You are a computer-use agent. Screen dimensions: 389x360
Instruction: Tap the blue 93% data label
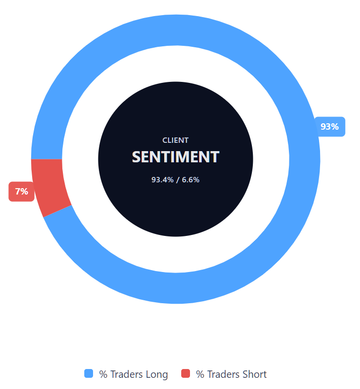click(330, 127)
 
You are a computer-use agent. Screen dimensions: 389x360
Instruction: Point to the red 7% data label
click(21, 192)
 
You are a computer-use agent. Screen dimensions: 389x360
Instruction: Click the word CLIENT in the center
click(175, 140)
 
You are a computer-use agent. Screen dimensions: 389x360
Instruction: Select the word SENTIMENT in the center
click(175, 157)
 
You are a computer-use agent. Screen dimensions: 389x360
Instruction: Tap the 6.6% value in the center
click(191, 180)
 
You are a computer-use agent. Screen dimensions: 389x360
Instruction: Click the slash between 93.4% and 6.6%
click(177, 180)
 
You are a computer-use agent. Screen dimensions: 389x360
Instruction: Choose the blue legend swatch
click(89, 374)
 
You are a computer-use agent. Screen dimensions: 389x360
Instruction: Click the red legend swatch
click(186, 374)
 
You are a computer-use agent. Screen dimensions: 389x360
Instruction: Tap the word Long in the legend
click(156, 374)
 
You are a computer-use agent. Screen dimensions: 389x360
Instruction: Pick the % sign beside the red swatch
click(200, 374)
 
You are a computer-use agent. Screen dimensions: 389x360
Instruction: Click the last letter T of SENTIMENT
click(215, 157)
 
